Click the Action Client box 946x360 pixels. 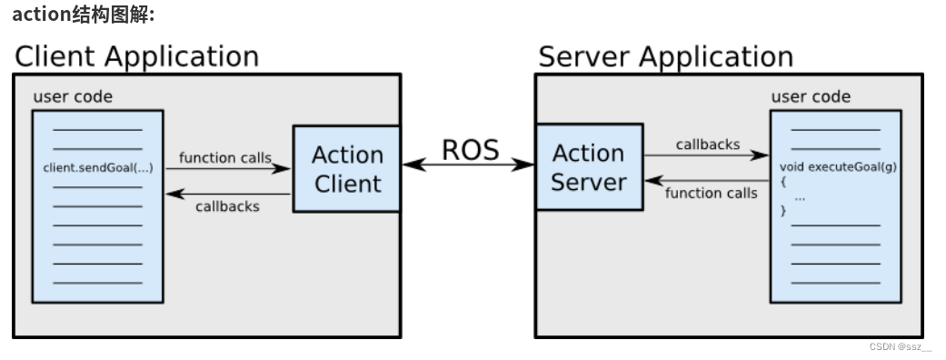346,169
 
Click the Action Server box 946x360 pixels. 589,167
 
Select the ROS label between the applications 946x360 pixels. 470,150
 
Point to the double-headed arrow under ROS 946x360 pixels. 468,165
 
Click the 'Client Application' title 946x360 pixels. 136,56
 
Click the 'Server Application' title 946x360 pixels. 665,56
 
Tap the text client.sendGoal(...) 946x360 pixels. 97,168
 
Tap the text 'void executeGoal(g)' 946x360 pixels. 835,167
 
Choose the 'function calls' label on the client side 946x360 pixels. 224,157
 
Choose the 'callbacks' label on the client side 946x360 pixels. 227,206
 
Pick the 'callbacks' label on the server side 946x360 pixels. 707,144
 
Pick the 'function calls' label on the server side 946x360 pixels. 711,193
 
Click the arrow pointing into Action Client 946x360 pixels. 228,168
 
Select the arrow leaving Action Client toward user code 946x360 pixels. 228,193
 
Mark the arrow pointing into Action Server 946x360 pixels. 707,180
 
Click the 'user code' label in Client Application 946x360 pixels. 73,97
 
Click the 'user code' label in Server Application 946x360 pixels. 811,96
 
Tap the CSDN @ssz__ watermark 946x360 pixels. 900,347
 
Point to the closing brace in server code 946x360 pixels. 783,211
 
